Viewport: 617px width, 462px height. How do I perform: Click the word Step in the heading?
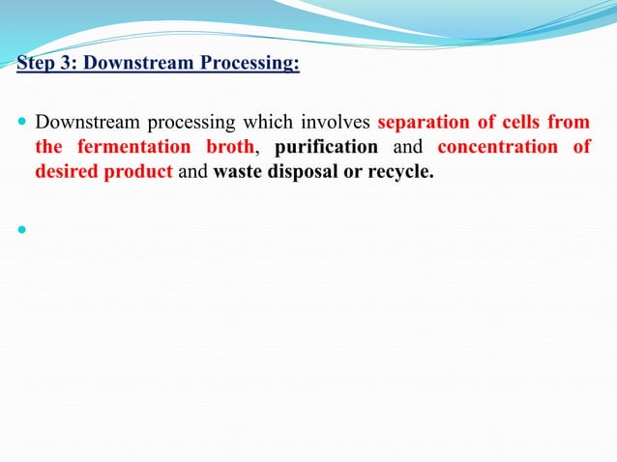[x=34, y=66]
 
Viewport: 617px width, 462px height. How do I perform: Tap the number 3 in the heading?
[x=62, y=66]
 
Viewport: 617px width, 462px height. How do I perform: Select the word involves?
[x=335, y=124]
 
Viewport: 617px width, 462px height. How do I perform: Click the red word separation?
[x=424, y=124]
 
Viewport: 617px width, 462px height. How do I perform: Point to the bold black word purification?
[x=326, y=148]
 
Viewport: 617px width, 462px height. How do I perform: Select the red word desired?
[x=65, y=172]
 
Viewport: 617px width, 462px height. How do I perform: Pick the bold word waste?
[x=238, y=172]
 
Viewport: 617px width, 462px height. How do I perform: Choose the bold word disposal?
[x=304, y=172]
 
